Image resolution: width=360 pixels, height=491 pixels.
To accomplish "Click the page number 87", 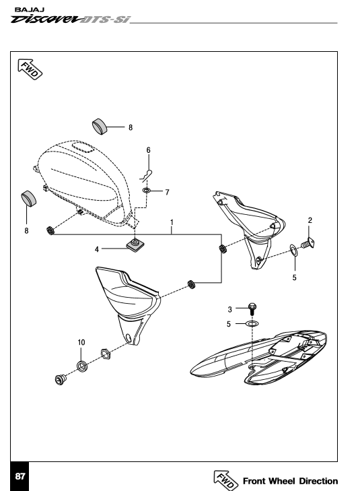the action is click(20, 476).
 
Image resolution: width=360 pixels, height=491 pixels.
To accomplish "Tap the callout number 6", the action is click(149, 150).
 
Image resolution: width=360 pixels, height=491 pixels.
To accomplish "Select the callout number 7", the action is click(168, 192).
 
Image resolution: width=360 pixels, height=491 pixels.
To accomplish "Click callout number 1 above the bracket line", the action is click(172, 222).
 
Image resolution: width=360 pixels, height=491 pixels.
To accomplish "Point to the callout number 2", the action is click(310, 220).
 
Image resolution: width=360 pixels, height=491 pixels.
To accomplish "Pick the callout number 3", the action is click(230, 309).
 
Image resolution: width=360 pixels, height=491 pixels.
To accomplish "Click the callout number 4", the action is click(97, 249).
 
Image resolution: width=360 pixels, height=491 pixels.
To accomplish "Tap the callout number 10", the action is click(81, 343).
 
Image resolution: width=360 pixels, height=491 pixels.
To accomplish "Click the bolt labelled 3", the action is click(252, 308).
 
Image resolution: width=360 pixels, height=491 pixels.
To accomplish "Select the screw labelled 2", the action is click(308, 243).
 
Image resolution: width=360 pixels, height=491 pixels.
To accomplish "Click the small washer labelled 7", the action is click(146, 190).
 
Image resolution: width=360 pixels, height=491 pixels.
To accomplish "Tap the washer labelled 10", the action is click(82, 366).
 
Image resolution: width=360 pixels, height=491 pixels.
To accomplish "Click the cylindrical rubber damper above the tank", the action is click(100, 127).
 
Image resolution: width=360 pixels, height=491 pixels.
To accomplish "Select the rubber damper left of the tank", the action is click(29, 199).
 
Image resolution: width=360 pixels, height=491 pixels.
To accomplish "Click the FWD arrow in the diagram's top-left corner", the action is click(30, 69).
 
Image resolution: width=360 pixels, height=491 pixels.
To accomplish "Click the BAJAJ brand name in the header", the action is click(30, 9).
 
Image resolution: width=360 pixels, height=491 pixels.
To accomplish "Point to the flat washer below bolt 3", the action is click(252, 323).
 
